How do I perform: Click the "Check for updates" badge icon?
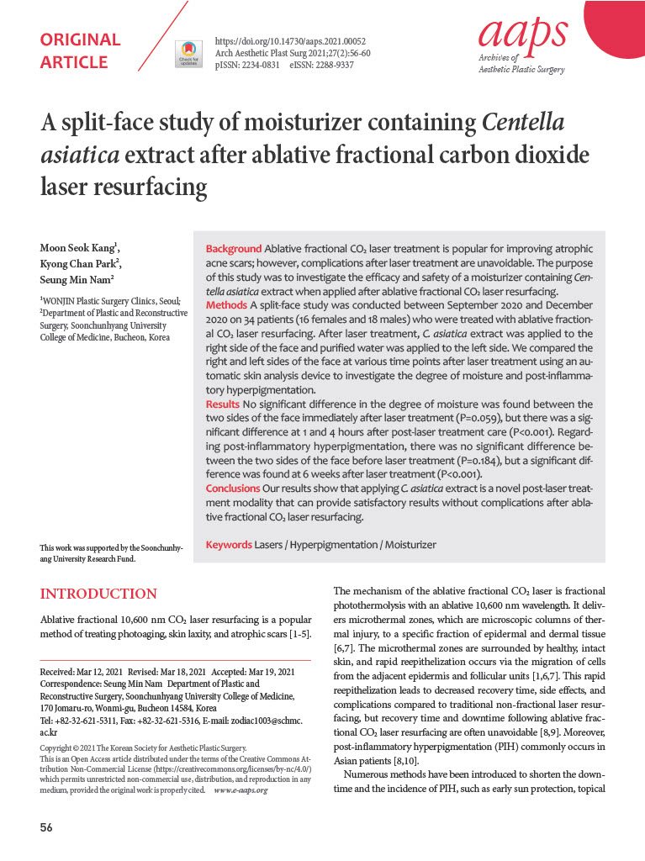(x=188, y=53)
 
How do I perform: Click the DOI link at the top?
(x=290, y=40)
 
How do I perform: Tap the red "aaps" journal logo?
(x=522, y=33)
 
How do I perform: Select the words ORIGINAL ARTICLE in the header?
(x=80, y=50)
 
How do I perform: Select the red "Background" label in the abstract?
(x=234, y=250)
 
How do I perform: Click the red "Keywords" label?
(x=229, y=545)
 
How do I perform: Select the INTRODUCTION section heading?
(x=99, y=594)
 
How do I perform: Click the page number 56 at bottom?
(x=46, y=827)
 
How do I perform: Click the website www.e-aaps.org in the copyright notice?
(x=241, y=790)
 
